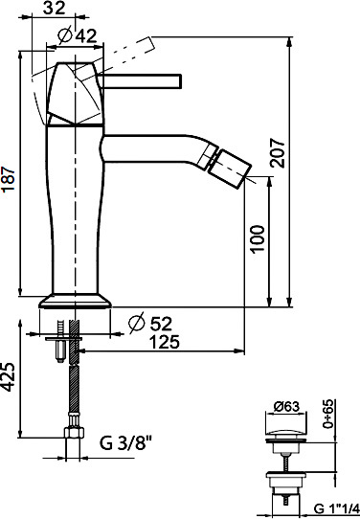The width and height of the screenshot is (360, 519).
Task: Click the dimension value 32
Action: [x=55, y=8]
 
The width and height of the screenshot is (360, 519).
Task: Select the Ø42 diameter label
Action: [x=77, y=35]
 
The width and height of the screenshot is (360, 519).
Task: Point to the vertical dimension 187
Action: [x=9, y=179]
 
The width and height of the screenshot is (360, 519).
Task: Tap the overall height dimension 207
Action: [x=278, y=152]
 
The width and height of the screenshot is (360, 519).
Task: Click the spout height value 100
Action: [x=259, y=239]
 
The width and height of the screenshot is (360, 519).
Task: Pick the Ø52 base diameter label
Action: [x=151, y=323]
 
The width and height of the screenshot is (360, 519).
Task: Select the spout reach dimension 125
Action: [x=165, y=342]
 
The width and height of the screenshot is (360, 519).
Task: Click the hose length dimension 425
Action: [x=9, y=377]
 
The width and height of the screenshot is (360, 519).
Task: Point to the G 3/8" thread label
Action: [x=125, y=443]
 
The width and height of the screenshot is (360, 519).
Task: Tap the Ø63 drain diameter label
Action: [x=286, y=406]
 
